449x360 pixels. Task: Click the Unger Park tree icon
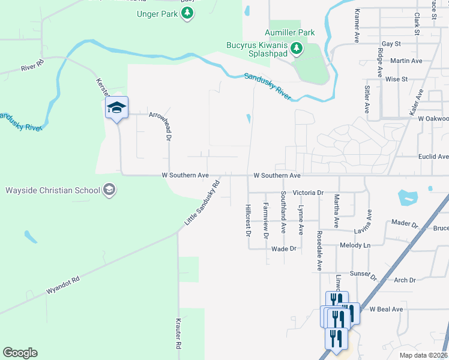point(188,13)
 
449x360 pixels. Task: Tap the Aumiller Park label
point(292,32)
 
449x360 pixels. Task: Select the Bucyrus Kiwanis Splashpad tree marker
point(296,48)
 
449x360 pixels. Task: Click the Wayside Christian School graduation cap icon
point(109,190)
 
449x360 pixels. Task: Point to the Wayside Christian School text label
point(52,191)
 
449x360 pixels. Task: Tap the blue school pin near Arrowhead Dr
point(117,108)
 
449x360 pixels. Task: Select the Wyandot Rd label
point(62,286)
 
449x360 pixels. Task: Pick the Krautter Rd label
point(179,334)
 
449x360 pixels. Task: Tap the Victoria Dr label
point(308,193)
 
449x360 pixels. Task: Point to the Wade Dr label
point(284,248)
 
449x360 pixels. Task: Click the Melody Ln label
point(354,245)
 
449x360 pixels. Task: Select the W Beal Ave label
point(385,309)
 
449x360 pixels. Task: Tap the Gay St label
point(391,44)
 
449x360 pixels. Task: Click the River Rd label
point(32,65)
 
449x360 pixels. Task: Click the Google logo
point(20,353)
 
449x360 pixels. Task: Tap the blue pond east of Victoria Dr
point(407,196)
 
